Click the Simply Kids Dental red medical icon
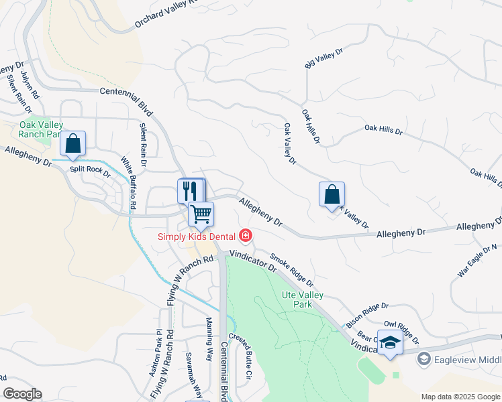(x=246, y=235)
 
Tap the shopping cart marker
(x=201, y=214)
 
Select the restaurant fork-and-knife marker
(x=190, y=190)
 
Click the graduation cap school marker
(x=389, y=342)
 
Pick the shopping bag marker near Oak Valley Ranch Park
(x=73, y=143)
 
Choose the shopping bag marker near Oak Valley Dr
(x=332, y=194)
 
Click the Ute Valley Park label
(x=301, y=299)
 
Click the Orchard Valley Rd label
(x=167, y=13)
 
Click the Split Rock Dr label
(x=90, y=171)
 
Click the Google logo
(x=22, y=394)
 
